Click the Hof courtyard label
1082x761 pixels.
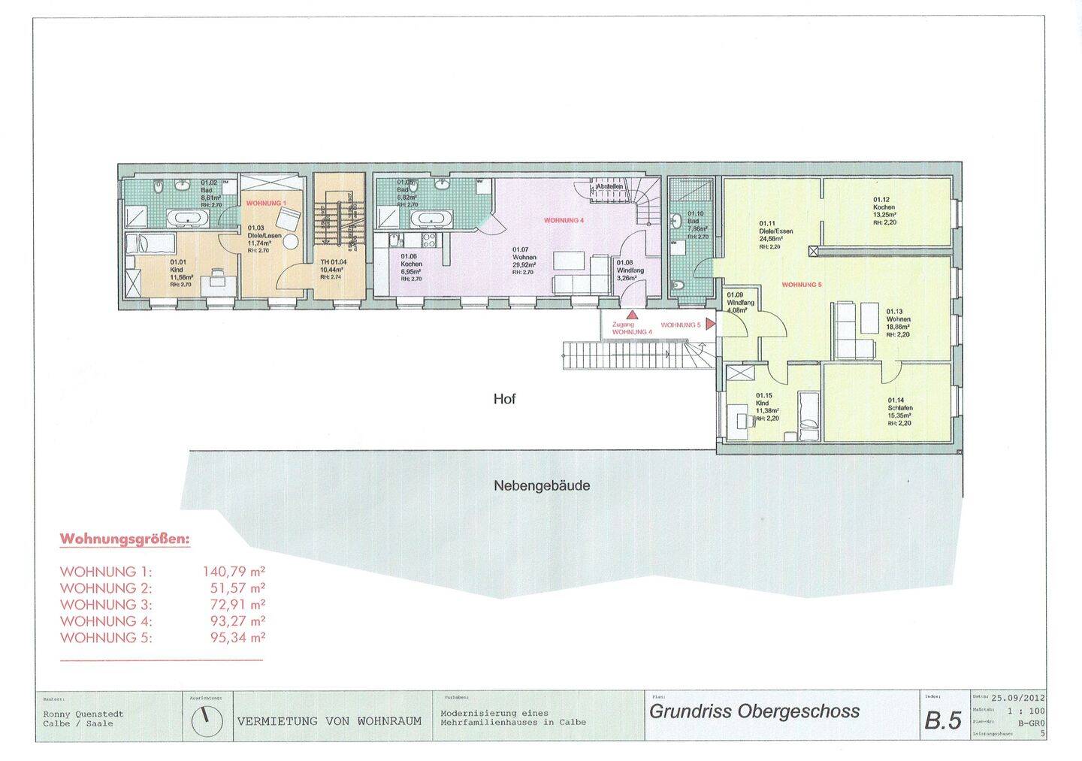pos(504,400)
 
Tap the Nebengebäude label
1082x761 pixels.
pos(541,485)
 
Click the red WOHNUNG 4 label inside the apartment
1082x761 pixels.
pos(564,221)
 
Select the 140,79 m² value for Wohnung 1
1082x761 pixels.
pos(233,571)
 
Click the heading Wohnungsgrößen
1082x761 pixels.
pos(125,539)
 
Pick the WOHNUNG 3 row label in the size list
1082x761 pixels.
pos(106,605)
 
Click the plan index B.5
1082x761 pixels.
pos(942,721)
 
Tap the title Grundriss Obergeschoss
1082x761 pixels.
pos(754,711)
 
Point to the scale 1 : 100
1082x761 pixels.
pos(1026,710)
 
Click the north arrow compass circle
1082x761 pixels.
pos(207,720)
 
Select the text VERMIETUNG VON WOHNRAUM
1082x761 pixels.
pos(329,720)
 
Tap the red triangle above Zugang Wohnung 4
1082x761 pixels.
pos(633,316)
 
